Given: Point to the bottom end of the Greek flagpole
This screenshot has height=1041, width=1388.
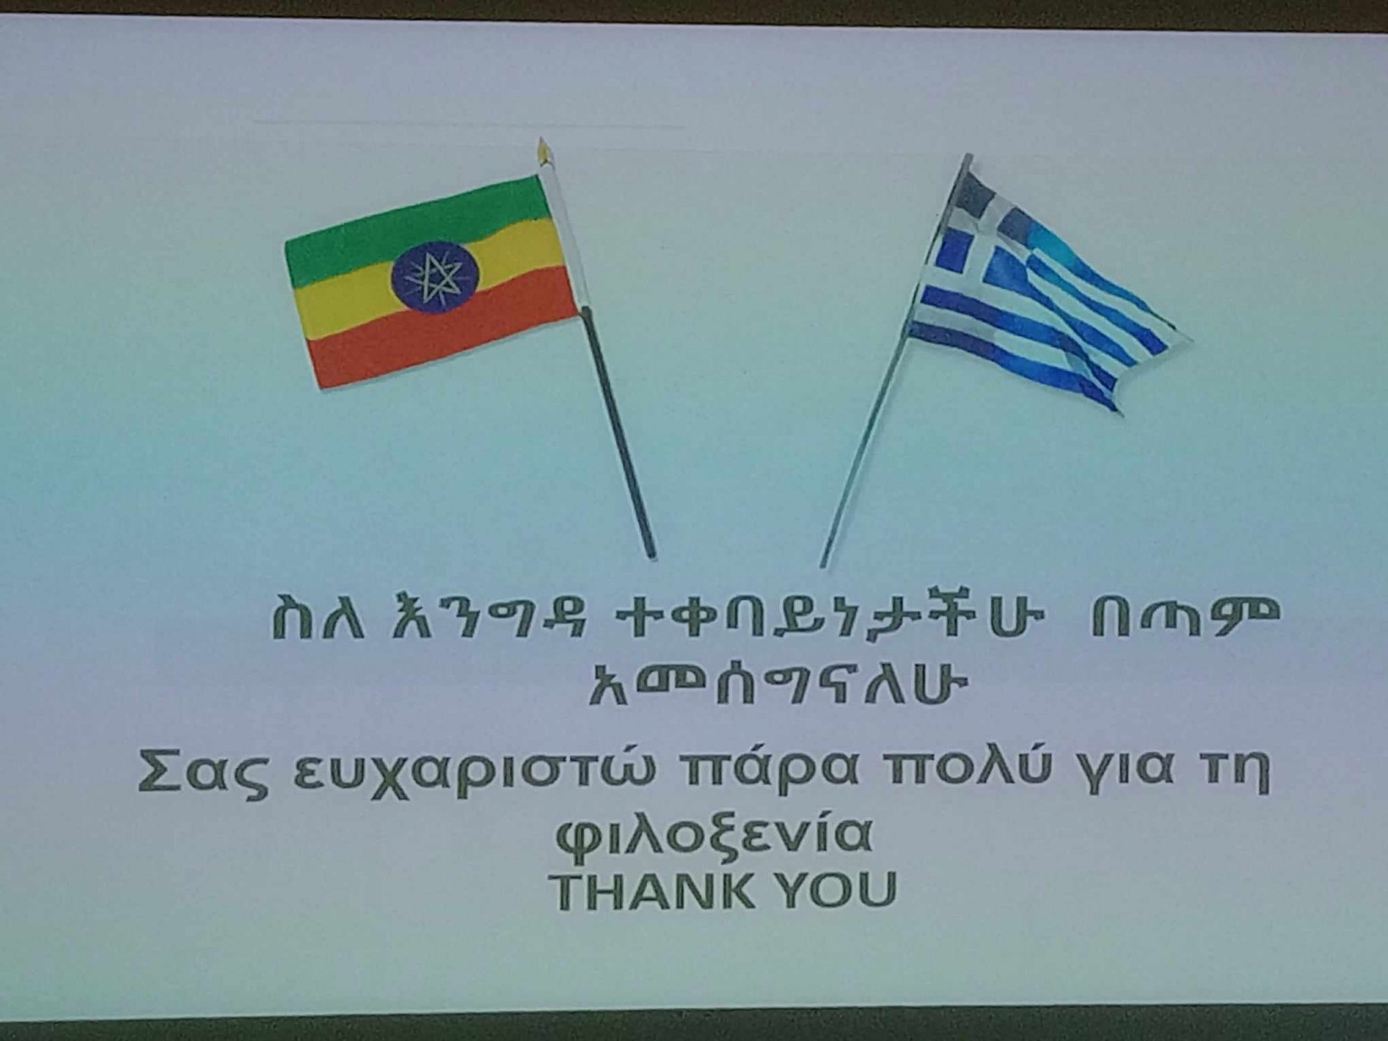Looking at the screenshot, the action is tap(822, 565).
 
